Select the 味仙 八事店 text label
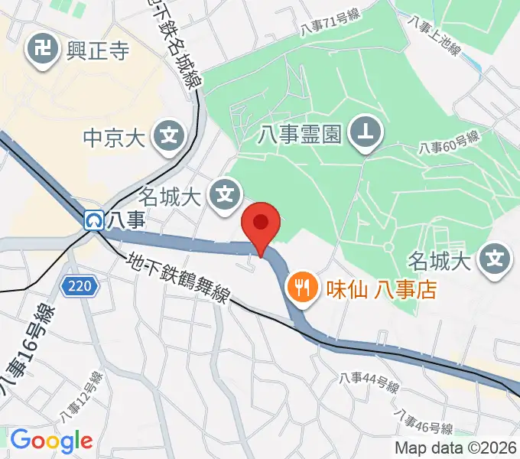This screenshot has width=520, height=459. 370,288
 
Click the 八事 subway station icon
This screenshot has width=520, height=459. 94,220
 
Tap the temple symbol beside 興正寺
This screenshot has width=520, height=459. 39,51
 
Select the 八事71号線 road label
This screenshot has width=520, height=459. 329,26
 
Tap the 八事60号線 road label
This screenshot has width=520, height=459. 449,142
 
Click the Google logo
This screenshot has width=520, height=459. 51,441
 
